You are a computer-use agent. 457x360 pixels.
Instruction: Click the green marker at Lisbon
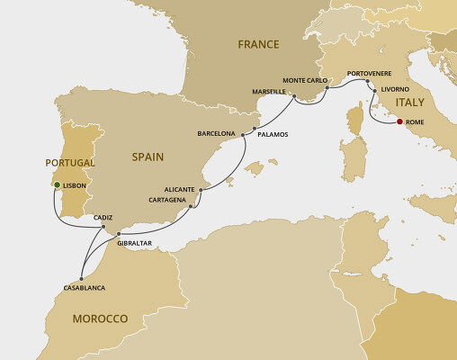[56, 184]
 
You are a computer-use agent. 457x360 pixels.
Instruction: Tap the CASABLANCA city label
[85, 287]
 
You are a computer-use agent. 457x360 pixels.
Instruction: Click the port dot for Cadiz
[104, 229]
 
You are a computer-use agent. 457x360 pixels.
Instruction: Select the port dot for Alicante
[202, 190]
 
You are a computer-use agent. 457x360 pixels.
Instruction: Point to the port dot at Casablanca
[82, 276]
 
